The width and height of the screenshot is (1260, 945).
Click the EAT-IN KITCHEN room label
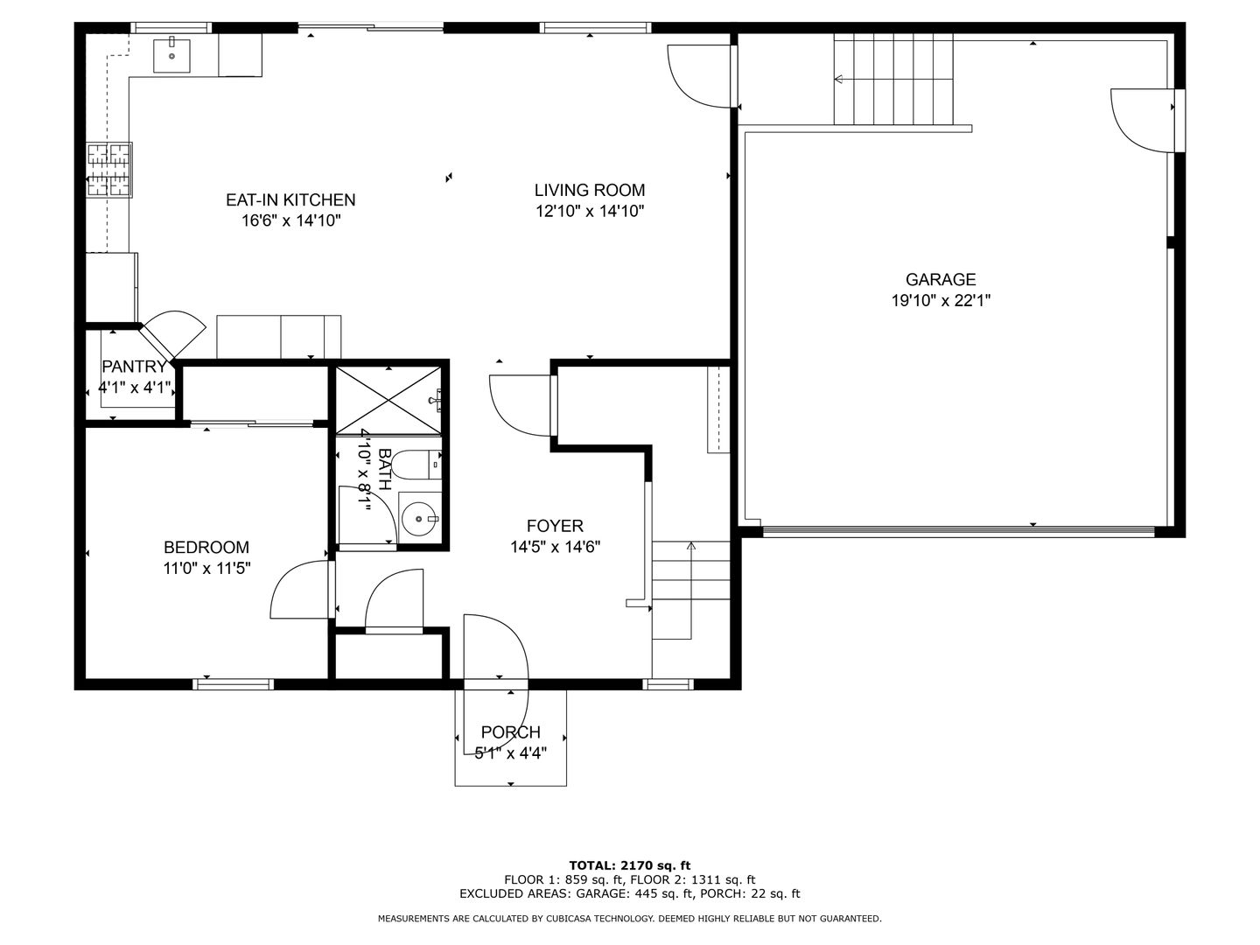[290, 200]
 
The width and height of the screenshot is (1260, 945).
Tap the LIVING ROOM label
[590, 190]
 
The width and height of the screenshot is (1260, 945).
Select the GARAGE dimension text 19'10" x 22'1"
[940, 300]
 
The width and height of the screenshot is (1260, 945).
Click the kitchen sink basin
[171, 55]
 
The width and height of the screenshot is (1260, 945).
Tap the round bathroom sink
[420, 517]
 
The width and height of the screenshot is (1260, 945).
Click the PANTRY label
[134, 367]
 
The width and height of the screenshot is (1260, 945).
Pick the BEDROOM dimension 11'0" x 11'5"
[207, 568]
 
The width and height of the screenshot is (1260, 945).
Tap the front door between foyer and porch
[496, 647]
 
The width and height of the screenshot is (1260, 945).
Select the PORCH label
[511, 732]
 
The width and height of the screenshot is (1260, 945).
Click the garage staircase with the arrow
[892, 80]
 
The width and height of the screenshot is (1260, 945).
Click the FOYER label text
[555, 526]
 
